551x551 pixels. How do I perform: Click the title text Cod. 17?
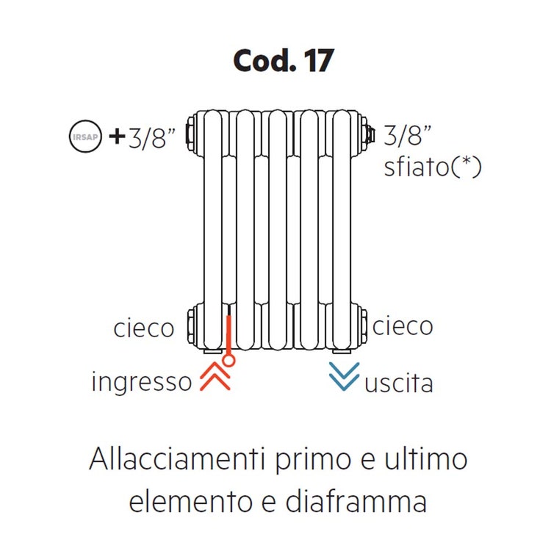click(284, 61)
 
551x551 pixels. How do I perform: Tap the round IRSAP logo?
click(85, 136)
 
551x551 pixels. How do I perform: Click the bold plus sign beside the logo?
click(118, 137)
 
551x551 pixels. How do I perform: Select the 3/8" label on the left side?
click(152, 138)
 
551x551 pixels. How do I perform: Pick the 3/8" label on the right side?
click(408, 135)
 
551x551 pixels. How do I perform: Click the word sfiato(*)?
click(433, 167)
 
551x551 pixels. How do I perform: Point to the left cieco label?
click(144, 328)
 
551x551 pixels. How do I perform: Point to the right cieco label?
click(403, 326)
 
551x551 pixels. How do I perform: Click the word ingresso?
click(142, 381)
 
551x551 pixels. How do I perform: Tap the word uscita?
click(399, 383)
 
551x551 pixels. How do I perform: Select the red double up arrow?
click(215, 376)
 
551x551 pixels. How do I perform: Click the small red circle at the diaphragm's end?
click(228, 361)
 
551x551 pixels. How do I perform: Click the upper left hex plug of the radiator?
click(191, 136)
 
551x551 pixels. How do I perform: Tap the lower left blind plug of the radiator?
click(192, 327)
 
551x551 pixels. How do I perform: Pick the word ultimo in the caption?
click(426, 459)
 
